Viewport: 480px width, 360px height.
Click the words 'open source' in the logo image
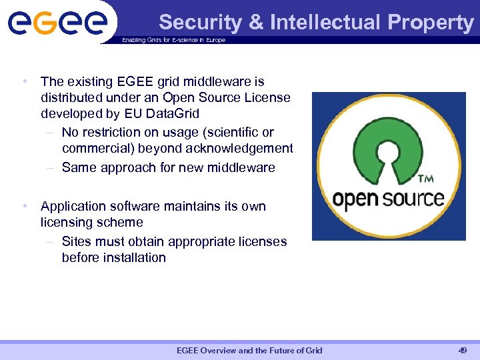(389, 199)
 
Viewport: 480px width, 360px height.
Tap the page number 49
(462, 351)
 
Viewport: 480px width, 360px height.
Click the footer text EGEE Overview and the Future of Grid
(249, 351)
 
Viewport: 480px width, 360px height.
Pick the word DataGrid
(171, 114)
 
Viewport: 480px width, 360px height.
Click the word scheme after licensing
(120, 223)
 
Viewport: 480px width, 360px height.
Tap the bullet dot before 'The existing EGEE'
(24, 82)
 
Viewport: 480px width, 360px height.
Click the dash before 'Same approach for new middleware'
(50, 167)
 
